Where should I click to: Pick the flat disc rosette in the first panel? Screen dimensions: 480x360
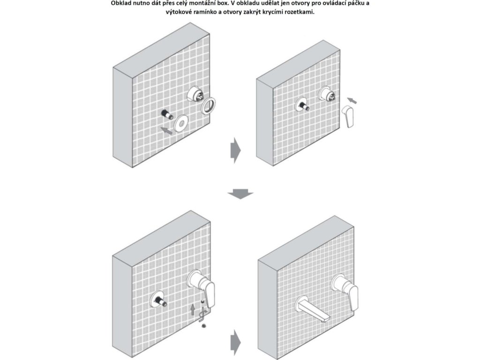(x=181, y=123)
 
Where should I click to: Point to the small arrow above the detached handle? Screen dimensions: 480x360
(x=352, y=100)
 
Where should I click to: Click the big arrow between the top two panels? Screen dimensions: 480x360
(x=235, y=150)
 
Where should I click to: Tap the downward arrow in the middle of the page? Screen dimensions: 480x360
(x=240, y=195)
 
